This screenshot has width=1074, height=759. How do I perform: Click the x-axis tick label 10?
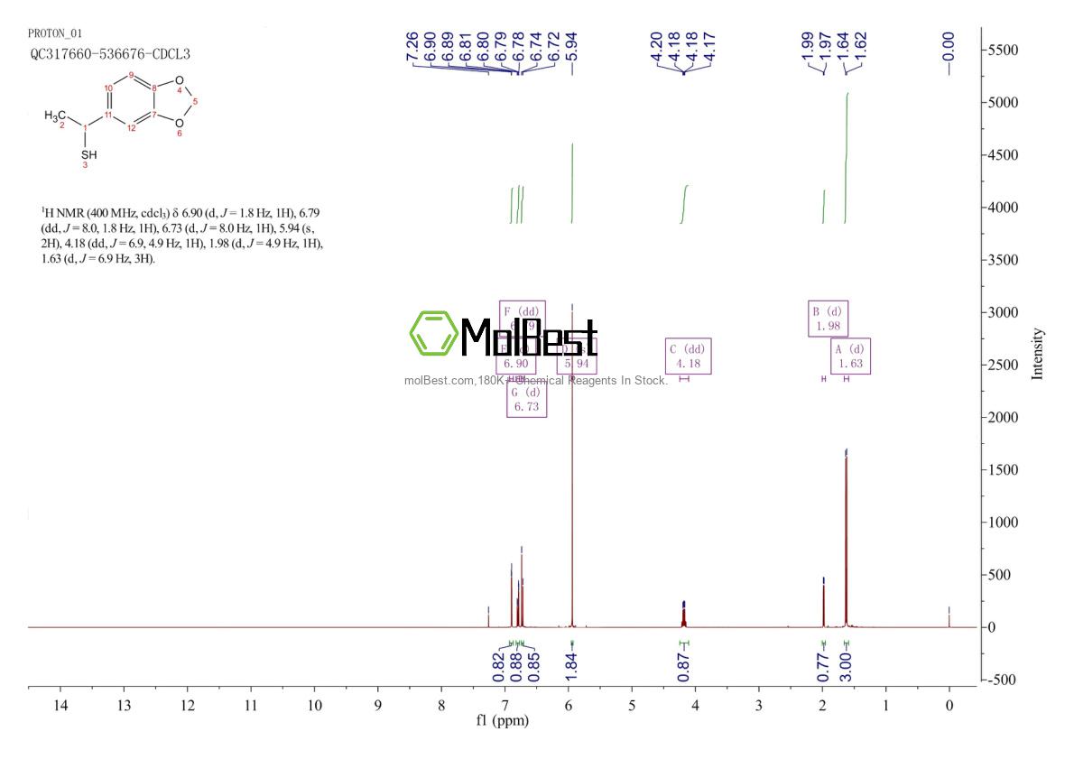tap(315, 705)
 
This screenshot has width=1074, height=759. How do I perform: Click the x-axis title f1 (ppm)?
tap(503, 721)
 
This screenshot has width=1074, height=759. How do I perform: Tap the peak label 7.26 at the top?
tap(412, 42)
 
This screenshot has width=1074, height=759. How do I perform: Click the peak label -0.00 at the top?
tap(948, 42)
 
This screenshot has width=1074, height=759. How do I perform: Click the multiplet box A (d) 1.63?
tap(850, 356)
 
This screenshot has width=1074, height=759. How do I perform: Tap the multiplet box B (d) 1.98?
tap(829, 318)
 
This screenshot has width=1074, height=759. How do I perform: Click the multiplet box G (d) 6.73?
tap(525, 400)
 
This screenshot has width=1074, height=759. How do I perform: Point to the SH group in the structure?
tap(87, 154)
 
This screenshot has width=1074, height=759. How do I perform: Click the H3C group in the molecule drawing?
tap(56, 116)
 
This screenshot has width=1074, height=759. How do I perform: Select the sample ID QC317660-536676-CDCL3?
tap(110, 53)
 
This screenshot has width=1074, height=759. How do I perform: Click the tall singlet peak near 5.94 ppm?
tap(572, 451)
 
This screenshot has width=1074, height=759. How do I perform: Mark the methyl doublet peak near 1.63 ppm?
tap(846, 541)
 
